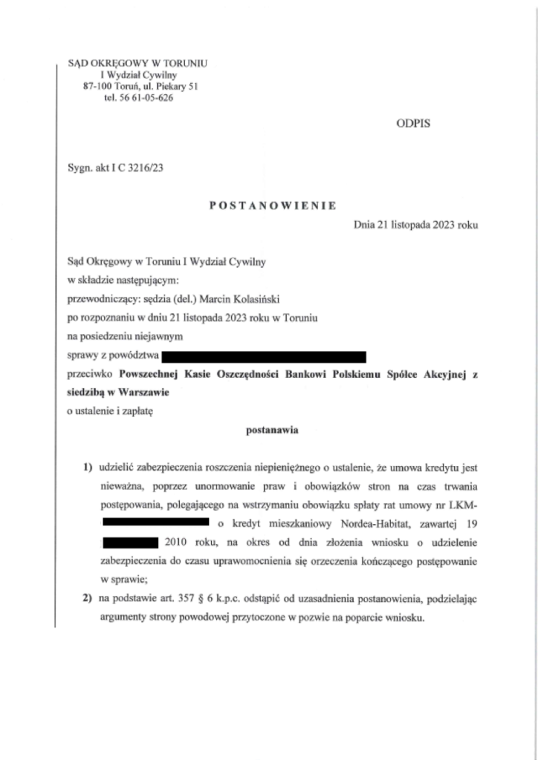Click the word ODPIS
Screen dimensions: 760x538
413,124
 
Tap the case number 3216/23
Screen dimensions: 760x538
146,168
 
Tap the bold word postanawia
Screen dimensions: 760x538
270,429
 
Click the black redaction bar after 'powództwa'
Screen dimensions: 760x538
265,358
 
